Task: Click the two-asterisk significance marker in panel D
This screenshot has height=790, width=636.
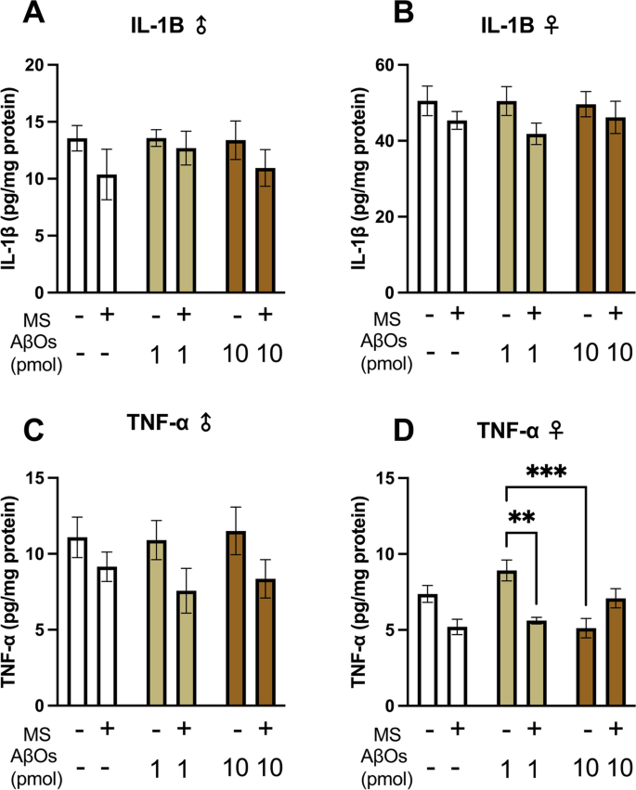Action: [x=521, y=517]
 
